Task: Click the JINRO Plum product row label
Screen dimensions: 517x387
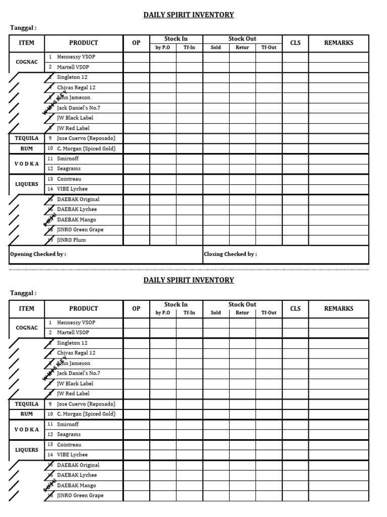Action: pyautogui.click(x=71, y=240)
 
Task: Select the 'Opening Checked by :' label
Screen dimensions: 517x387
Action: pyautogui.click(x=38, y=254)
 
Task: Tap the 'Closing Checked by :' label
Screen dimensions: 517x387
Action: pyautogui.click(x=230, y=254)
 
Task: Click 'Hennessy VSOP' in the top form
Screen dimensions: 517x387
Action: pyautogui.click(x=76, y=57)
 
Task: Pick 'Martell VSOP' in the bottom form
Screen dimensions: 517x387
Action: pyautogui.click(x=73, y=333)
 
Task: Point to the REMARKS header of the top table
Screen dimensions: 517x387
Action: pyautogui.click(x=339, y=43)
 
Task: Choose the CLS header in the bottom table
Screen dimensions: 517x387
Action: pyautogui.click(x=295, y=308)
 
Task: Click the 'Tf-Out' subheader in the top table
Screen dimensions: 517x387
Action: pyautogui.click(x=269, y=47)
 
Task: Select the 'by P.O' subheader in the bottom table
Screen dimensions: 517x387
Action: pyautogui.click(x=163, y=313)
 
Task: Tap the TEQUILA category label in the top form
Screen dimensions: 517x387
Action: pyautogui.click(x=27, y=138)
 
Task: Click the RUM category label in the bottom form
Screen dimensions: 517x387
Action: pyautogui.click(x=27, y=414)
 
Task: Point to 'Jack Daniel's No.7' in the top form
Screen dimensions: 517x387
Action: pyautogui.click(x=79, y=108)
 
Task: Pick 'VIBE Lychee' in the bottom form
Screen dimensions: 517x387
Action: pyautogui.click(x=72, y=455)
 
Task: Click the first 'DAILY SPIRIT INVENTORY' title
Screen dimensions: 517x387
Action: pyautogui.click(x=189, y=15)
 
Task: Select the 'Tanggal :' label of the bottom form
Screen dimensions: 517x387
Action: pyautogui.click(x=24, y=293)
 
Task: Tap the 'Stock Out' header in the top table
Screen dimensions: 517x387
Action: pyautogui.click(x=242, y=39)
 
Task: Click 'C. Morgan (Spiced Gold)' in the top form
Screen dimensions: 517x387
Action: pyautogui.click(x=86, y=148)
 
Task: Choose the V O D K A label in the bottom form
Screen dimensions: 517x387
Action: pyautogui.click(x=27, y=430)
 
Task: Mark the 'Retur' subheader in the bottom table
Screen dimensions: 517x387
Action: pyautogui.click(x=242, y=313)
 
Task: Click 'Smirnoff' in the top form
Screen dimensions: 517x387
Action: pyautogui.click(x=68, y=159)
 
